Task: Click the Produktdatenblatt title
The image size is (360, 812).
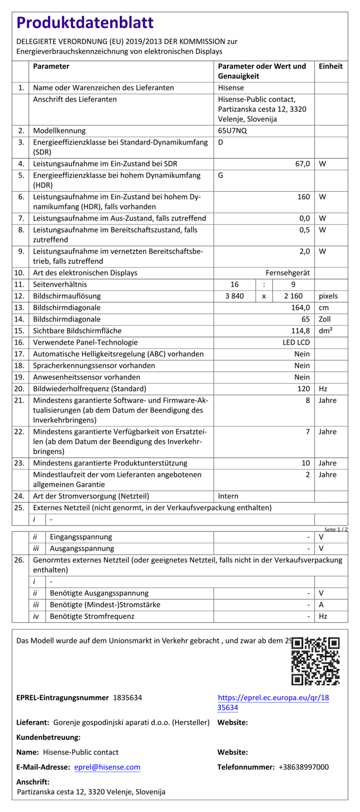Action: click(x=85, y=23)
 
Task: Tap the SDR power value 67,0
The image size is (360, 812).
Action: click(x=303, y=164)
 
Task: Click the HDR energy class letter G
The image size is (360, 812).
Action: click(x=221, y=176)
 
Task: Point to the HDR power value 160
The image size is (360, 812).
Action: click(x=304, y=196)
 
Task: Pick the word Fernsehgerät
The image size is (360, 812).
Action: click(x=288, y=273)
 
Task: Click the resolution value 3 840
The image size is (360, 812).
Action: click(x=234, y=296)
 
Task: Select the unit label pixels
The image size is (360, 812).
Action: click(x=328, y=296)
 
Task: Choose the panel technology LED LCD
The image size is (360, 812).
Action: click(x=296, y=343)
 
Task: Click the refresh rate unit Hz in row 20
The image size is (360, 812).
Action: click(x=323, y=389)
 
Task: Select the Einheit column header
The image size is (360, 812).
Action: click(x=331, y=66)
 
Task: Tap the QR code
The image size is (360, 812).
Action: click(x=315, y=661)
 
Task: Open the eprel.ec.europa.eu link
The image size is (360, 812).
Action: click(x=273, y=702)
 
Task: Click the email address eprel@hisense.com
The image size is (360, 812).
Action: click(x=107, y=767)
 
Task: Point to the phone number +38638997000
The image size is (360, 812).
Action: click(x=303, y=767)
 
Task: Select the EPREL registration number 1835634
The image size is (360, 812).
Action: click(x=127, y=698)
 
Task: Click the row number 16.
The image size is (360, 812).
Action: click(x=20, y=343)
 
